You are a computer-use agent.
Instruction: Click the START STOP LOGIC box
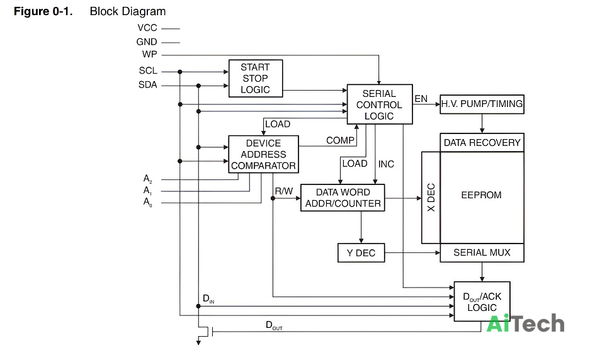click(256, 78)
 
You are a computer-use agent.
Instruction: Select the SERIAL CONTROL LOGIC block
click(380, 104)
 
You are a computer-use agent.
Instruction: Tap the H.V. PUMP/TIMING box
click(482, 104)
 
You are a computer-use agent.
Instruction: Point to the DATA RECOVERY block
click(482, 142)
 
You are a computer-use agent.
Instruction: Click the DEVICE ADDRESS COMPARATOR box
click(263, 154)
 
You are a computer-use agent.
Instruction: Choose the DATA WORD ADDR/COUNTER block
click(343, 198)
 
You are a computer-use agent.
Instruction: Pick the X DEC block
click(431, 198)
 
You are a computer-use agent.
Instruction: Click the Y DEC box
click(361, 253)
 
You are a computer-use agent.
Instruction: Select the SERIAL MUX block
click(482, 253)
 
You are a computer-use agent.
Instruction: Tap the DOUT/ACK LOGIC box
click(482, 301)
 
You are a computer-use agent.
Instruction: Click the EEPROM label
click(481, 195)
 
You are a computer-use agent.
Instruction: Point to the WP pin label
click(149, 55)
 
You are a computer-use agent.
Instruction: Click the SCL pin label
click(148, 71)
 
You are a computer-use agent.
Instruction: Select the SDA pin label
click(147, 85)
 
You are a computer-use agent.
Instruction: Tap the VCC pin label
click(147, 28)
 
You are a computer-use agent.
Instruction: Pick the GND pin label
click(146, 42)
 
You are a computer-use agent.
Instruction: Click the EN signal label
click(421, 99)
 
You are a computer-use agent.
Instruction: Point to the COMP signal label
click(340, 140)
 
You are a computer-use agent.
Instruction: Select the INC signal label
click(386, 164)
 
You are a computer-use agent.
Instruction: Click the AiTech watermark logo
click(525, 323)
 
